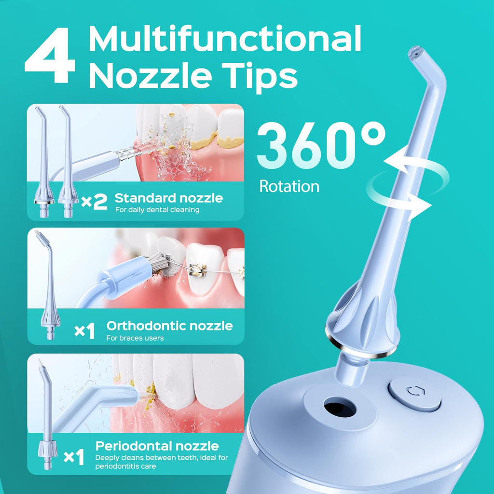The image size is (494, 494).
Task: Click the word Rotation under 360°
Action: (289, 187)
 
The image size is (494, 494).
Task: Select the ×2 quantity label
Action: (94, 202)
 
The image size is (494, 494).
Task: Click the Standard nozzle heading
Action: (168, 198)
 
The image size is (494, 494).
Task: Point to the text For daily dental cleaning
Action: (157, 210)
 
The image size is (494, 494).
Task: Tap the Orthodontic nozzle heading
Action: (169, 326)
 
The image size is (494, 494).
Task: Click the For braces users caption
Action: (135, 338)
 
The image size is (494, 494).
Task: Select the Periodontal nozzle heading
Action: (157, 446)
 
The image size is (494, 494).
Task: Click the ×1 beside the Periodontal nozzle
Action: (74, 457)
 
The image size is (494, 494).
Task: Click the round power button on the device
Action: (414, 394)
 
